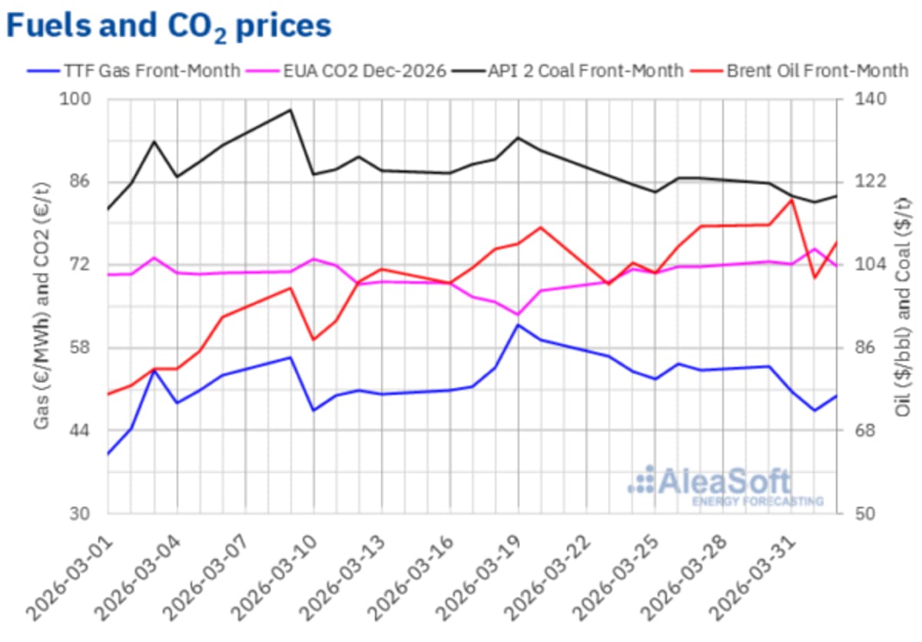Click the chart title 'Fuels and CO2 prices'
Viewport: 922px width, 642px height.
pos(168,26)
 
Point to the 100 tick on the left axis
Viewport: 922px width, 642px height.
pos(80,99)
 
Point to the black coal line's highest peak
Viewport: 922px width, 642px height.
pos(290,110)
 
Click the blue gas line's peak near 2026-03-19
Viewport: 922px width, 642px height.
pos(518,325)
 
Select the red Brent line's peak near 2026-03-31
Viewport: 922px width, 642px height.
pos(791,200)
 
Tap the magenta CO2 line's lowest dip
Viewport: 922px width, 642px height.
pos(518,315)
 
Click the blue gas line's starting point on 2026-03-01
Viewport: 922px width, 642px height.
pos(108,454)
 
